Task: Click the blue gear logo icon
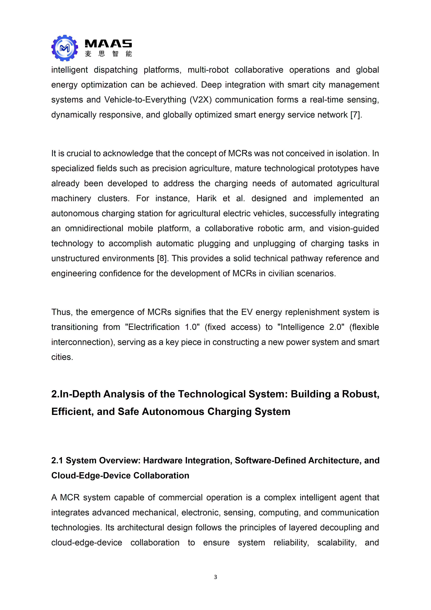tap(65, 48)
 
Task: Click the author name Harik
tap(206, 198)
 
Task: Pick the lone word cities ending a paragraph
tap(62, 357)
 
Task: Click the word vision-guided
tap(353, 229)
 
